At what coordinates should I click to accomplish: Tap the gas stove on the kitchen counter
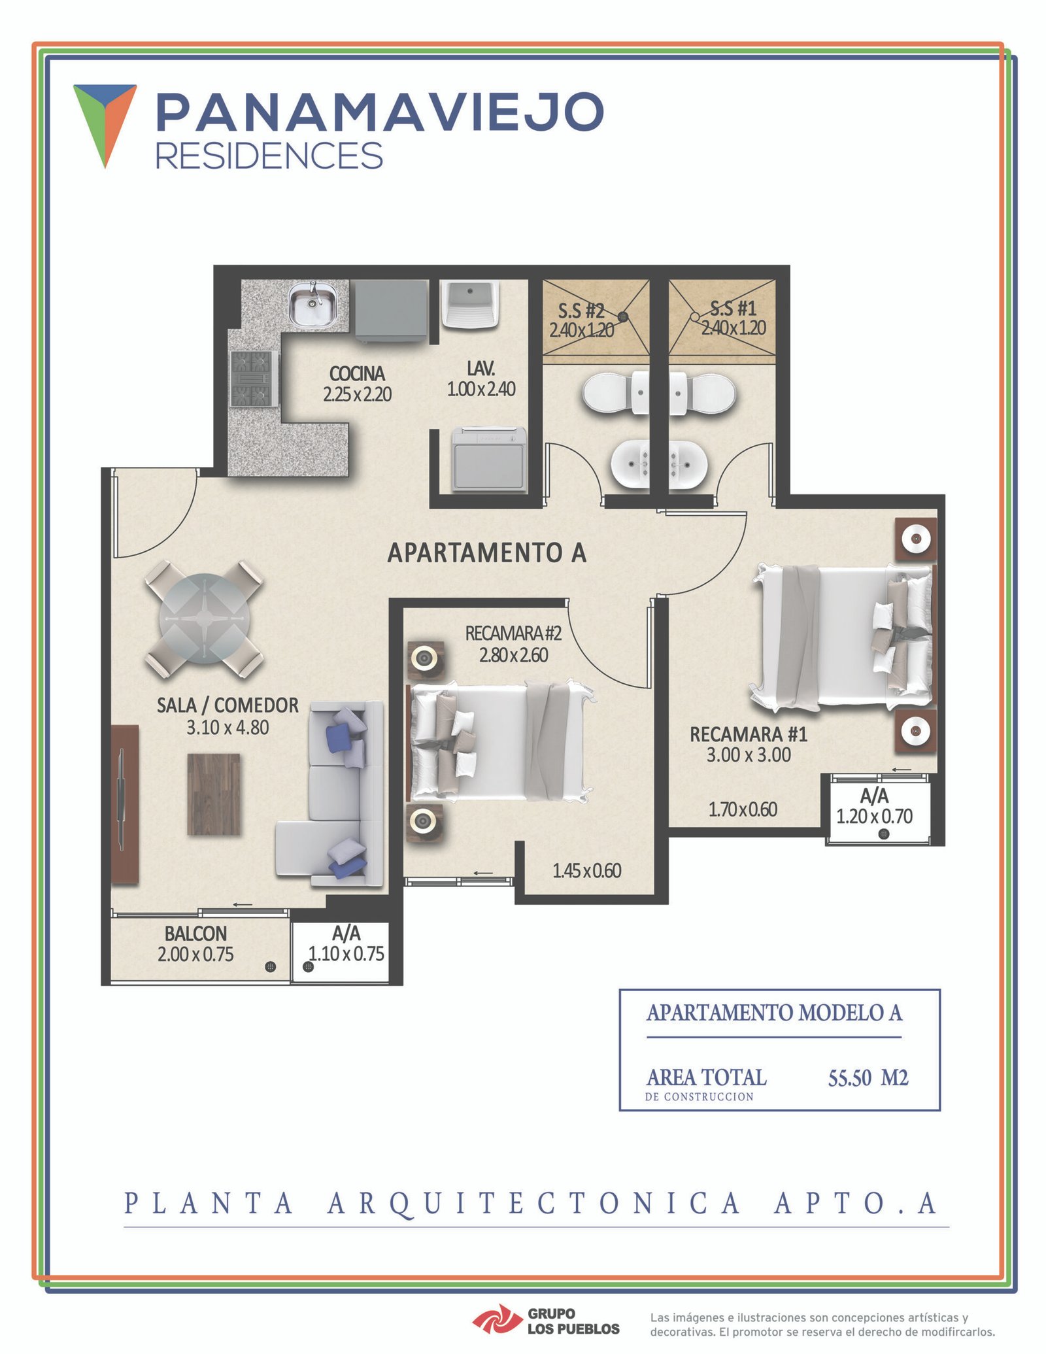[254, 379]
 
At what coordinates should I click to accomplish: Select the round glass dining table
[205, 618]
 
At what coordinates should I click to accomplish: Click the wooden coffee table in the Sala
[213, 794]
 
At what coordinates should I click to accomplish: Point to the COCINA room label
[357, 374]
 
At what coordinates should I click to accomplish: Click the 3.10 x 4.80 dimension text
[228, 728]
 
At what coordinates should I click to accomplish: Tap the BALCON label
[195, 933]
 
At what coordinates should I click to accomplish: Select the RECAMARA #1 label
[749, 735]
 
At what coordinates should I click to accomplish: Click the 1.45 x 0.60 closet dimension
[586, 871]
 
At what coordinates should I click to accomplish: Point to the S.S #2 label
[581, 310]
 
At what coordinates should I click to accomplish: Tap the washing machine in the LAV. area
[490, 459]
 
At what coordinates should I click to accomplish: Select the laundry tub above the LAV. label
[469, 303]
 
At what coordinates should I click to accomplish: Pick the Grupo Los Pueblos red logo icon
[497, 1317]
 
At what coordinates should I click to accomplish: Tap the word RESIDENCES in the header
[269, 156]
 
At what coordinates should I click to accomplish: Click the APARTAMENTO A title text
[487, 553]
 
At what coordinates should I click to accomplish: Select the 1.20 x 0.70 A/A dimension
[874, 817]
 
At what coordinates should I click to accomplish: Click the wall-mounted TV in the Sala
[123, 805]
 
